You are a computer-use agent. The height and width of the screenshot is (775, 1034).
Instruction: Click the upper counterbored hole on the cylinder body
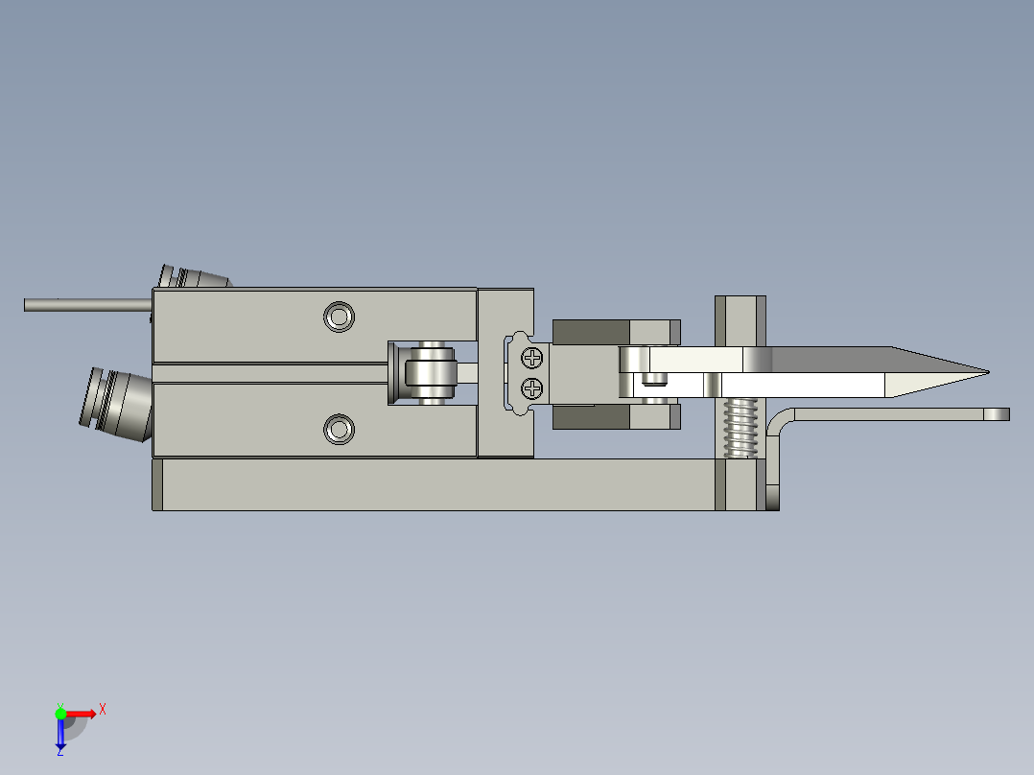pyautogui.click(x=339, y=317)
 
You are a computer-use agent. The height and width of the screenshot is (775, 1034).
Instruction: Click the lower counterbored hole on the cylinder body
pyautogui.click(x=339, y=429)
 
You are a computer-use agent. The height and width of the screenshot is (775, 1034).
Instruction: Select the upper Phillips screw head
pyautogui.click(x=532, y=359)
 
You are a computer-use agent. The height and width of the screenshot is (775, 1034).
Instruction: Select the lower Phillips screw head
pyautogui.click(x=532, y=388)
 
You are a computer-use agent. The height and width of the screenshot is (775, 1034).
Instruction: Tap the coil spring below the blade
pyautogui.click(x=740, y=428)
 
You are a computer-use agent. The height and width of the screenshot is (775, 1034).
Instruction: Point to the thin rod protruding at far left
pyautogui.click(x=86, y=305)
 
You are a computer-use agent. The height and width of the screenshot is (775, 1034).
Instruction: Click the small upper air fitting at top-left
pyautogui.click(x=192, y=277)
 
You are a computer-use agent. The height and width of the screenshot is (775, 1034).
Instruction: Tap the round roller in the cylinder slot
pyautogui.click(x=431, y=372)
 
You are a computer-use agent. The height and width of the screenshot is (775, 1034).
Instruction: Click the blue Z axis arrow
pyautogui.click(x=60, y=736)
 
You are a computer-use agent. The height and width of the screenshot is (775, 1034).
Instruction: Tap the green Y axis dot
pyautogui.click(x=60, y=713)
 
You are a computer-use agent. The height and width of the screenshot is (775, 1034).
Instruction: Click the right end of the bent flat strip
pyautogui.click(x=998, y=414)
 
